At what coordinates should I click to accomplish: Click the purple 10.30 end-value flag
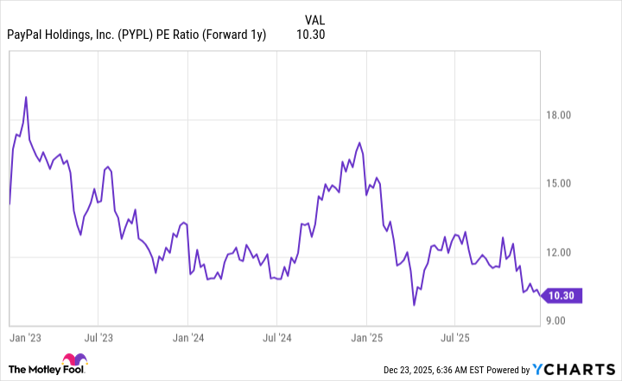(x=565, y=295)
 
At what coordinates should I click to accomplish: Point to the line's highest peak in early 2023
(x=27, y=97)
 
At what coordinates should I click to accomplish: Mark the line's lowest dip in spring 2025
(x=415, y=304)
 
